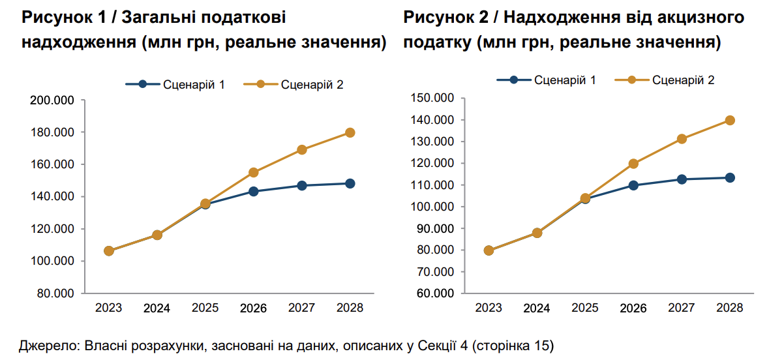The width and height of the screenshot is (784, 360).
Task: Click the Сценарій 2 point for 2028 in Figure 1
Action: click(x=350, y=132)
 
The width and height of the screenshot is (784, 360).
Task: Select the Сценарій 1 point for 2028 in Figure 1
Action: click(x=350, y=183)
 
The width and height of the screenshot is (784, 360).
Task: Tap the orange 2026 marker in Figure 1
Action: click(x=254, y=173)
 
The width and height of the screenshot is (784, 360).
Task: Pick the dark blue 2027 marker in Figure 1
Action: click(x=301, y=185)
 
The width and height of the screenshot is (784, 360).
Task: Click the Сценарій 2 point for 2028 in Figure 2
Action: click(x=730, y=120)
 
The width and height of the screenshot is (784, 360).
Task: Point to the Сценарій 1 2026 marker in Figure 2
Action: click(x=633, y=185)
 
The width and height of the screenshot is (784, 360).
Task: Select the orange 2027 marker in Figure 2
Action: click(x=682, y=139)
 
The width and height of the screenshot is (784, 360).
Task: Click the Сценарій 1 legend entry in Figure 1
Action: click(x=175, y=84)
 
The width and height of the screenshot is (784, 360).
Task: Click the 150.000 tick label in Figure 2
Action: click(x=431, y=98)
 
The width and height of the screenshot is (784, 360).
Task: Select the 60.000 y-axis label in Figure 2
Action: click(x=434, y=293)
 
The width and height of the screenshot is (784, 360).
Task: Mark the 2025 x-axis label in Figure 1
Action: click(x=205, y=308)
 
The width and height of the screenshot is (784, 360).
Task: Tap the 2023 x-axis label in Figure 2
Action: click(x=489, y=308)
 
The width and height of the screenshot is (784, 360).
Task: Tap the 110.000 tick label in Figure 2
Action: click(x=431, y=185)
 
